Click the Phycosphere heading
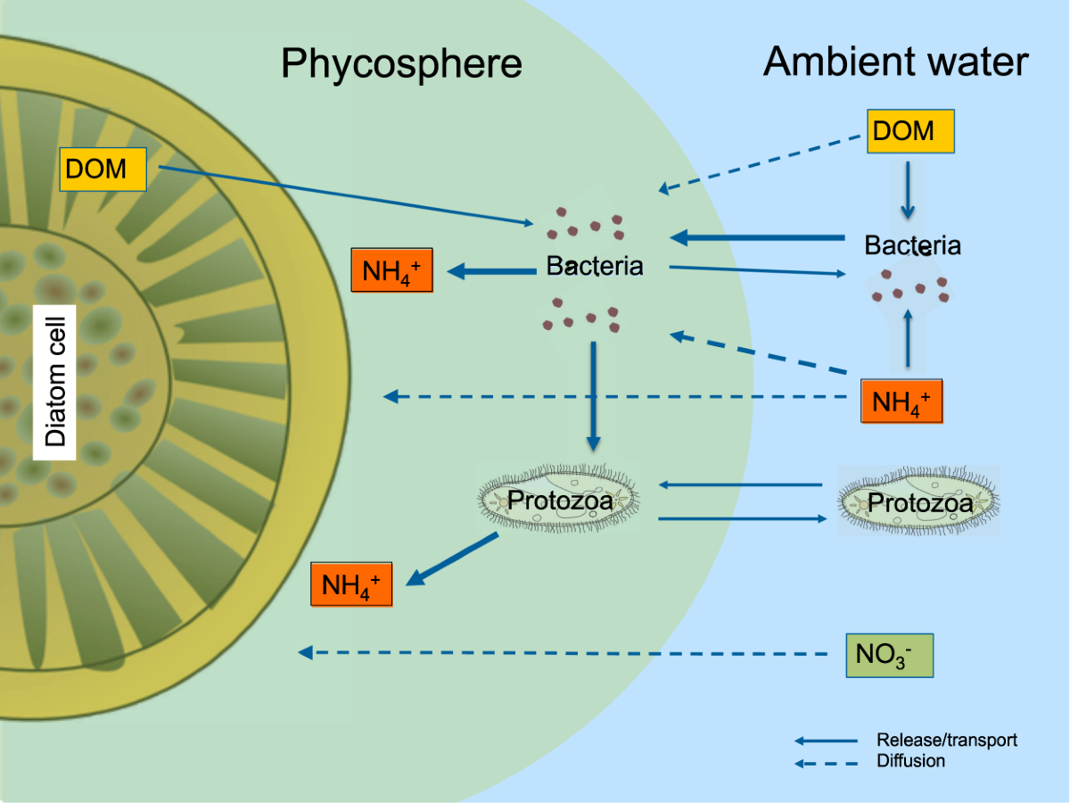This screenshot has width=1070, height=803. pos(401,64)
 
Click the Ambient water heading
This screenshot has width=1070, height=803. pos(895,62)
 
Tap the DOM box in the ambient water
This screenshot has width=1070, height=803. pos(910,131)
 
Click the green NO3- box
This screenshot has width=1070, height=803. pos(888,656)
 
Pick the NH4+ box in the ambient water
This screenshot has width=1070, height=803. pos(901,401)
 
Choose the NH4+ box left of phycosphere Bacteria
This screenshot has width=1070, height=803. pos(392,269)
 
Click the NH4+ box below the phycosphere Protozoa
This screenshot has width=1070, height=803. pos(351,584)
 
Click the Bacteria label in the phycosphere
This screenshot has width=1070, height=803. pos(595,266)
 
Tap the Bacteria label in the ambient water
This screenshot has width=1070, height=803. pos(912,245)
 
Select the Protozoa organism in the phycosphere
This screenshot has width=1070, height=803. pos(560,501)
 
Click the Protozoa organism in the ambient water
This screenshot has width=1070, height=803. pos(918,503)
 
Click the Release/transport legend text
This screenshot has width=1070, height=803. pos(946,740)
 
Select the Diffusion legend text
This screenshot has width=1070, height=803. pos(910,761)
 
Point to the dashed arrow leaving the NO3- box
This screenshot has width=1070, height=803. pos(571,654)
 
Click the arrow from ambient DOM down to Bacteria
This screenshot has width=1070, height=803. pos(907,190)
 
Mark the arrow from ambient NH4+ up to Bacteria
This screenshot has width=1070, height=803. pos(907,339)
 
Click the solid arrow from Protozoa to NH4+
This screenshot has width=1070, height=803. pos(453,559)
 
